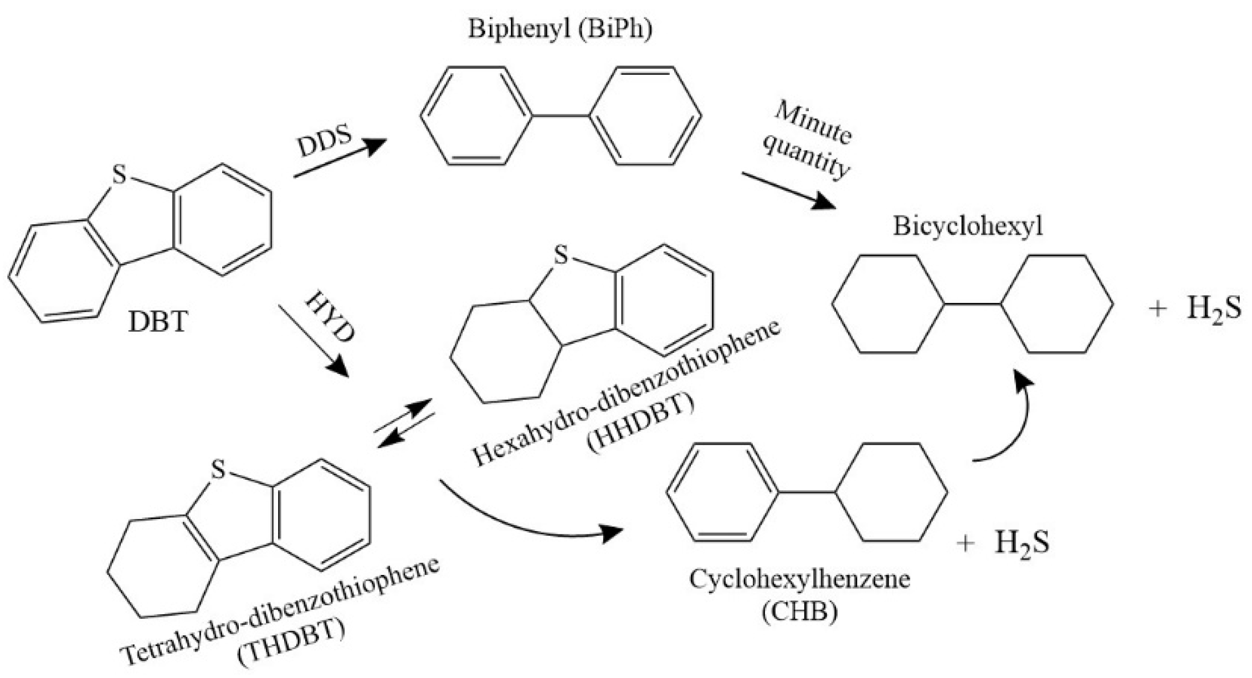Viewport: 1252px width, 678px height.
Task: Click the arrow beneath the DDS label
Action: (x=339, y=159)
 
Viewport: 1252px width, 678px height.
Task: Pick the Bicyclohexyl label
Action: (x=968, y=227)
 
